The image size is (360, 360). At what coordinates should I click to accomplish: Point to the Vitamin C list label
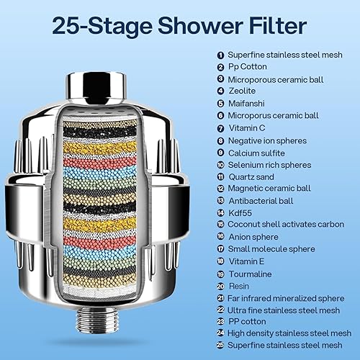[x=248, y=127]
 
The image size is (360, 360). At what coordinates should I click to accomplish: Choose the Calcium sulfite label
[x=258, y=152]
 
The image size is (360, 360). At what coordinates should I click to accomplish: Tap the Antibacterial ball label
[x=263, y=200]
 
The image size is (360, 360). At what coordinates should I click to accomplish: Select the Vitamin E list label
[x=247, y=261]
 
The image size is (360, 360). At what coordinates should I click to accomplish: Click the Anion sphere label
[x=253, y=237]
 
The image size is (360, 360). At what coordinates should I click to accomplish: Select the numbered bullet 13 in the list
[x=220, y=200]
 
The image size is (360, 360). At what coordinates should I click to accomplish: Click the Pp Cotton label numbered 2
[x=247, y=66]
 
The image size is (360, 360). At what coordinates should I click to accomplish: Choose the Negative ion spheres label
[x=267, y=140]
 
